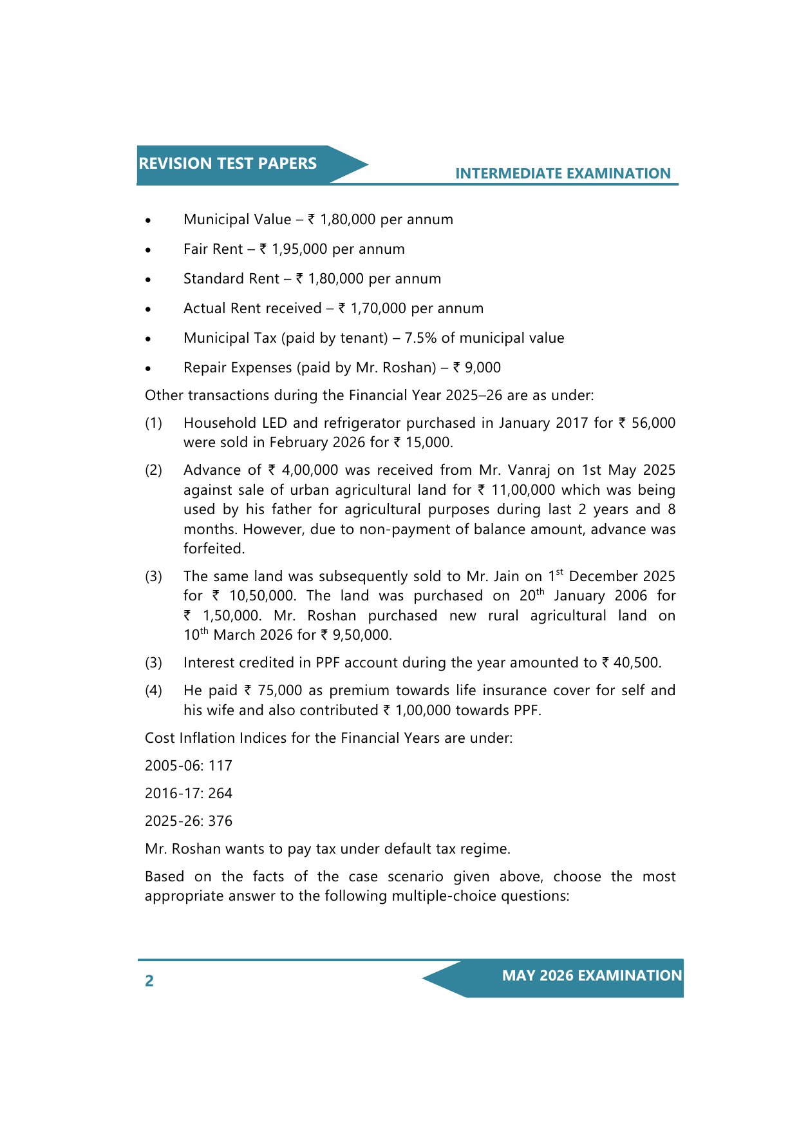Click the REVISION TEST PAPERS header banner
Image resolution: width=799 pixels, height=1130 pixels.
[x=228, y=164]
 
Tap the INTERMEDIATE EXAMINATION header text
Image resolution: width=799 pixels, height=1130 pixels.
[x=563, y=173]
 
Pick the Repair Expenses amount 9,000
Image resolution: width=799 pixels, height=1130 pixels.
[x=483, y=368]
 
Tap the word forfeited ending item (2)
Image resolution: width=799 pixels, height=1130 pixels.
[x=214, y=549]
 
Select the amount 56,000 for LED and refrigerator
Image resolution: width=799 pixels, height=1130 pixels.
[x=653, y=423]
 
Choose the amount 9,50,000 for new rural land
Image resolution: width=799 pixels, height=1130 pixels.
[x=361, y=635]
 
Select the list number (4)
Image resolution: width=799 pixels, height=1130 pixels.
[x=154, y=691]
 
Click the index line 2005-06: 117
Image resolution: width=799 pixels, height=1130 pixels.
[x=189, y=766]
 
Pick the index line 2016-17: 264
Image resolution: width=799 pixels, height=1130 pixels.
[x=189, y=794]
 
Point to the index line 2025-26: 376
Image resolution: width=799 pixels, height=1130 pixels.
[x=189, y=821]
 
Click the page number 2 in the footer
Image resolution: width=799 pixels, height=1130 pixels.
[x=149, y=981]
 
